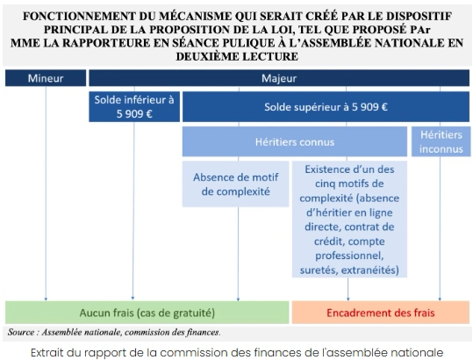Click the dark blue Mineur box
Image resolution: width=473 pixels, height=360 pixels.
pos(46,78)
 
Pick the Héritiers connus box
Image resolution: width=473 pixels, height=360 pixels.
pos(293,140)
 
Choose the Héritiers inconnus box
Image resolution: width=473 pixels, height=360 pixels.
pos(440,140)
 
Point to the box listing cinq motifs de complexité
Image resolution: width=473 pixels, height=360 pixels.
pos(350,219)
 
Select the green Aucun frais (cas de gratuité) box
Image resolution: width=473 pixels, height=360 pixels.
pos(147,312)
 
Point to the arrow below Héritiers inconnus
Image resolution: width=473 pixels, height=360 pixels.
pos(440,228)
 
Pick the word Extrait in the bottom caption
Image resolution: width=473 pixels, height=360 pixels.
pos(51,351)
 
